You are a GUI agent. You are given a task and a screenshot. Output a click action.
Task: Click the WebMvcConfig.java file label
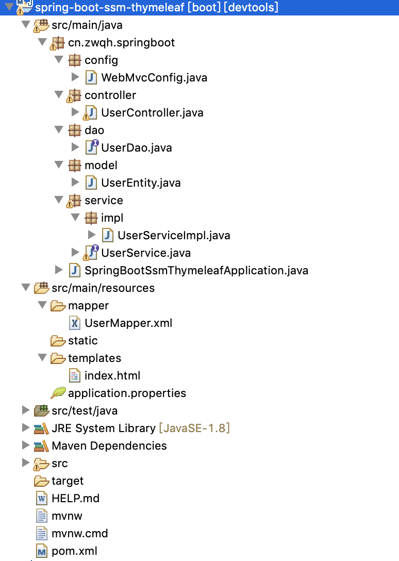coord(154,78)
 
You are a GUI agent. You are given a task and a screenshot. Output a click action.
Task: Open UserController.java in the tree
coord(152,113)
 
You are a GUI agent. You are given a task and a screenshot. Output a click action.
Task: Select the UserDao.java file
coord(137,148)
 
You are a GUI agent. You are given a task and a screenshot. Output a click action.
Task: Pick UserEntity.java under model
coord(141,183)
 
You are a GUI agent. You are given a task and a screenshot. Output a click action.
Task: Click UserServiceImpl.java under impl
coord(174,236)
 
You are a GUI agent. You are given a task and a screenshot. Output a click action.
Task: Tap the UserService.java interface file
coord(146,253)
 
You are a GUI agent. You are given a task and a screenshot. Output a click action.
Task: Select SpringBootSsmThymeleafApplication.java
coord(196,271)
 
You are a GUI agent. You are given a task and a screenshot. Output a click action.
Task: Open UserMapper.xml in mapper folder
coord(128,323)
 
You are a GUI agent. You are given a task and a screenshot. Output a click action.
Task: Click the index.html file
coord(112,376)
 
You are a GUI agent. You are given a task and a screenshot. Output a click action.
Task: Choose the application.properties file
coord(127,393)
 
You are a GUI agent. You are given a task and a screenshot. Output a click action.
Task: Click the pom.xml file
coord(74,551)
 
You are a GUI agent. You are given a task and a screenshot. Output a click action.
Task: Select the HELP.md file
coord(75,499)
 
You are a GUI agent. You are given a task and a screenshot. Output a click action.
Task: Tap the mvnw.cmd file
coord(80,534)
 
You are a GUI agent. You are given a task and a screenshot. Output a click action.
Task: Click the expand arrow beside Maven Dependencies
coord(26,445)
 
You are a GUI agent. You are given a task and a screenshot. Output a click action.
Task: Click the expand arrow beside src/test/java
coord(26,410)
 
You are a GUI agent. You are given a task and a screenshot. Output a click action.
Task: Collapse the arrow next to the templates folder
coord(42,358)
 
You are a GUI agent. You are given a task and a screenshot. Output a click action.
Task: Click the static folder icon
coord(58,341)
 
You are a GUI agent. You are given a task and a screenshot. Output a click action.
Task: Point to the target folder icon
coord(42,481)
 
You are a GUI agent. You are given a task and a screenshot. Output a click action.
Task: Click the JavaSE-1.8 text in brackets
coord(194,428)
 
